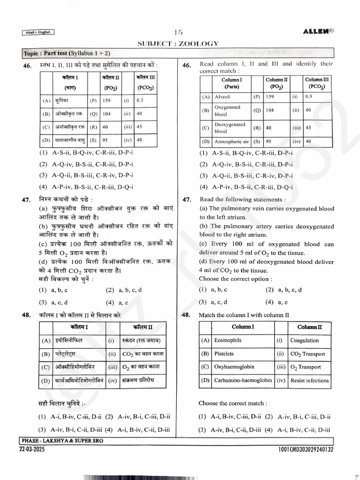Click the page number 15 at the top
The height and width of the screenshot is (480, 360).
coord(178,32)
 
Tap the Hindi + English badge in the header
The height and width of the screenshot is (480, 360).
coord(38,32)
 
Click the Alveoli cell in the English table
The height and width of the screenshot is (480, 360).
coord(222,97)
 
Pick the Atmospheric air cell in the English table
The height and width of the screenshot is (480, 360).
coord(231,141)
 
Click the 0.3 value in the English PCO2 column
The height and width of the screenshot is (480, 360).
coord(308,97)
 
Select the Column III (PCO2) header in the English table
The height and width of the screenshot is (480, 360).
coord(316,83)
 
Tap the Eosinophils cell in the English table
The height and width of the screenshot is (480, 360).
coord(228,340)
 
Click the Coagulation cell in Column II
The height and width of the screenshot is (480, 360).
coord(304,340)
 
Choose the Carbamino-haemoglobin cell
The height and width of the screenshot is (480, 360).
coord(243,381)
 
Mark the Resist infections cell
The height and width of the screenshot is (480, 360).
coord(309,381)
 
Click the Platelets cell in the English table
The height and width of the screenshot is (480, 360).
coord(224,354)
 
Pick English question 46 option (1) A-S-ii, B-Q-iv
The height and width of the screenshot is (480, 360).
coord(246,153)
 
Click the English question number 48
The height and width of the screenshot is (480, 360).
coord(187,315)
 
